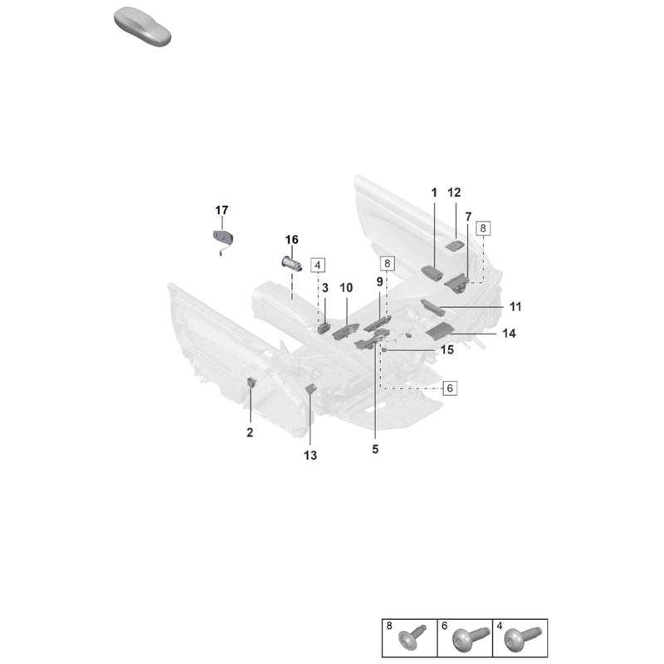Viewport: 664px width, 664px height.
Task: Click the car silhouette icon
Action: [x=142, y=27]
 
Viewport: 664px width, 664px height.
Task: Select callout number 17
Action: [x=222, y=210]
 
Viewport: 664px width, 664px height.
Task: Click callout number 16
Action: [x=291, y=240]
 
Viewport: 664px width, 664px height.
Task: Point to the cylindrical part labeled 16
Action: [x=292, y=264]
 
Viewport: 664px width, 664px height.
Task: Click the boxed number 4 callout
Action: [x=318, y=266]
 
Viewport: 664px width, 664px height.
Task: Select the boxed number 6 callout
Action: [x=450, y=388]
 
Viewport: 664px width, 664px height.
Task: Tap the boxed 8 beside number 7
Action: [x=483, y=228]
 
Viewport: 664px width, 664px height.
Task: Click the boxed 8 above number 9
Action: [x=387, y=263]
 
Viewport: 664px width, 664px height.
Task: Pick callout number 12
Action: [x=454, y=193]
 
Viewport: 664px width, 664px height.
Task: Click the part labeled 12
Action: [x=454, y=246]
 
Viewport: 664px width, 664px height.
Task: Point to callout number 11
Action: [x=515, y=306]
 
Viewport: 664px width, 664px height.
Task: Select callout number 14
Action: [x=509, y=334]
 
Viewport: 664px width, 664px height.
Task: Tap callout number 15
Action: [x=447, y=350]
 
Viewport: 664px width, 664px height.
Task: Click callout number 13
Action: [x=310, y=456]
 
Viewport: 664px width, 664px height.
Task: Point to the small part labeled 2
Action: [x=251, y=383]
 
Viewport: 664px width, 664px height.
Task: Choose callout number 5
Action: [x=375, y=449]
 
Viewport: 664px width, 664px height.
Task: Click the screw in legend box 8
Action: [x=413, y=638]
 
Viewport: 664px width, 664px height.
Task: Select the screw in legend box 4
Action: [x=523, y=638]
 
